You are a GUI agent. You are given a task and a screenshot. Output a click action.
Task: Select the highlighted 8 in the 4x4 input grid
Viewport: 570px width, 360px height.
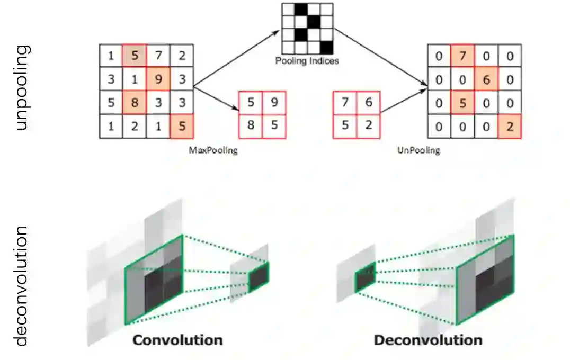coord(135,103)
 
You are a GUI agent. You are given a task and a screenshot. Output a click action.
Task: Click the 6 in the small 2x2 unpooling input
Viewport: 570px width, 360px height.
coord(369,103)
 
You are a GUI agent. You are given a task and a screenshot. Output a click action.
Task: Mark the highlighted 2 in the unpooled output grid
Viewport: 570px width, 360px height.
coord(510,127)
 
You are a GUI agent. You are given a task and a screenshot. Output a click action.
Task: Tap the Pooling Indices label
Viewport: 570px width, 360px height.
coord(307,61)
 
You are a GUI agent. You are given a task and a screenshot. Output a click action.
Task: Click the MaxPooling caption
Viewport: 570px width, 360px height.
coord(213,150)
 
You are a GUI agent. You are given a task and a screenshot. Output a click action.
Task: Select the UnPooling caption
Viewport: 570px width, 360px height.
coord(418,150)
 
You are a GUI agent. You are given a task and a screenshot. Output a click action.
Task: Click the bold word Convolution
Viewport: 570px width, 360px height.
coord(177,340)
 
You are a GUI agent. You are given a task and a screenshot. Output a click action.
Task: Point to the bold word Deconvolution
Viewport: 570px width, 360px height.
coord(428,340)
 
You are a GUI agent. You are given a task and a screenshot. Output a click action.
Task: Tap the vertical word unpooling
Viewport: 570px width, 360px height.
coord(22,87)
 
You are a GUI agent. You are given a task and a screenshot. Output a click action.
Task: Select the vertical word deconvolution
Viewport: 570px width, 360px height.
coord(22,286)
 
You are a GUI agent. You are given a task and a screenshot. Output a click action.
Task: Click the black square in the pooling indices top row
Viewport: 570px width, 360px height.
coord(301,9)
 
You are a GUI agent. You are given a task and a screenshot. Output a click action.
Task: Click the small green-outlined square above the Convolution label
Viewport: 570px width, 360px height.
coord(259,277)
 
